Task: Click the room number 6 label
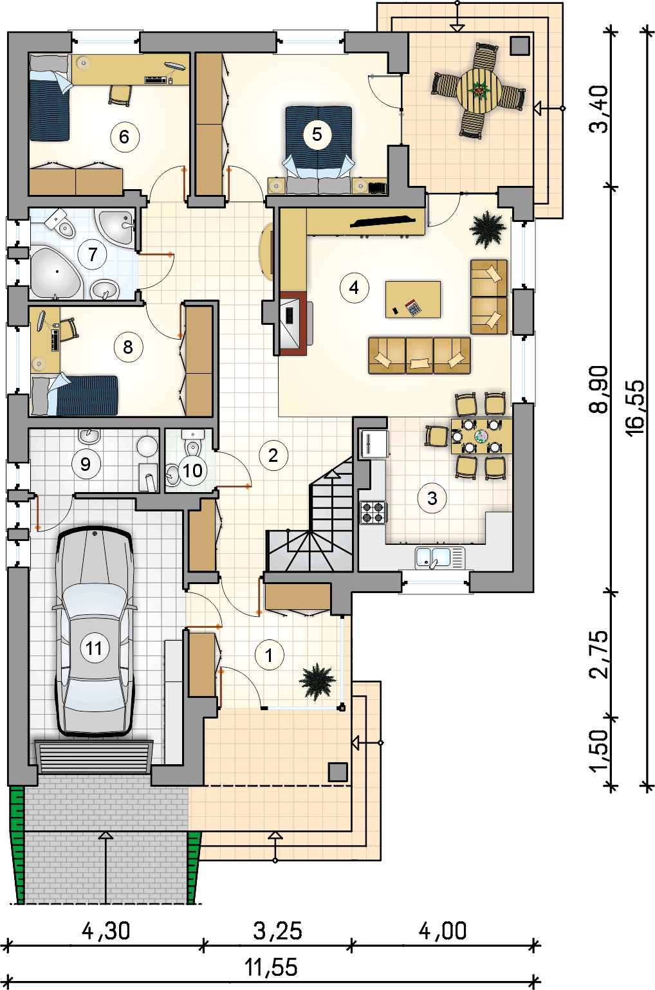[125, 137]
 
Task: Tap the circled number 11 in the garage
[95, 648]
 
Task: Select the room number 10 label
[192, 471]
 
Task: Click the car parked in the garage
[95, 631]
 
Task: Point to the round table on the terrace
[479, 90]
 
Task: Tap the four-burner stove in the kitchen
[373, 512]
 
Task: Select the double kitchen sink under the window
[440, 557]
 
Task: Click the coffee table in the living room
[413, 299]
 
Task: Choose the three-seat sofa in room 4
[420, 355]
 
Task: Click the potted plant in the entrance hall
[317, 681]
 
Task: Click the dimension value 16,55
[636, 407]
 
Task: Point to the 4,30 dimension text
[106, 931]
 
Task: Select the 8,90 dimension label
[599, 389]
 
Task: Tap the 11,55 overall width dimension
[271, 967]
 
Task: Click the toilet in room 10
[192, 443]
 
